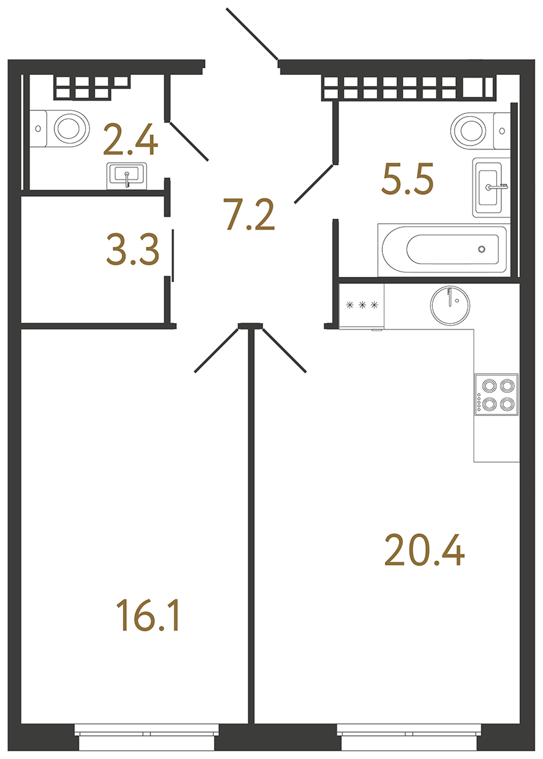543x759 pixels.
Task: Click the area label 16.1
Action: point(149,615)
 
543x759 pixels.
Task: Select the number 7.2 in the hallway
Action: point(249,215)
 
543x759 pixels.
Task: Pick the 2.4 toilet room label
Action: point(130,141)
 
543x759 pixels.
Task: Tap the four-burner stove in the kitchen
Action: point(496,395)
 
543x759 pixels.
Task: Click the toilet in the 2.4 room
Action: point(64,127)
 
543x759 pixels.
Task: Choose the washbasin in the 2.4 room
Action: point(127,174)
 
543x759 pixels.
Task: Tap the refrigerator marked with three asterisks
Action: point(361,306)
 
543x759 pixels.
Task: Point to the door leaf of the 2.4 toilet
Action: point(189,140)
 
